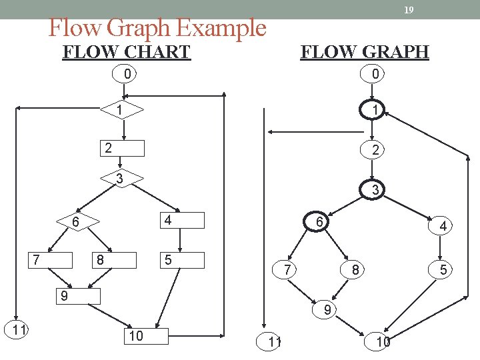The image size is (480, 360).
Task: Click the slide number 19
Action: pyautogui.click(x=409, y=9)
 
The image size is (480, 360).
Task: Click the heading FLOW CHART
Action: pyautogui.click(x=127, y=51)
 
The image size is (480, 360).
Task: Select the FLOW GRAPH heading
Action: pyautogui.click(x=365, y=51)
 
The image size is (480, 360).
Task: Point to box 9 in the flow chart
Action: pyautogui.click(x=77, y=295)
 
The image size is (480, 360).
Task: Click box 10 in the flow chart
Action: pyautogui.click(x=147, y=336)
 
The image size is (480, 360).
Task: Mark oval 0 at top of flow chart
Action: pyautogui.click(x=127, y=73)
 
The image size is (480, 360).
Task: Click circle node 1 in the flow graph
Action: pyautogui.click(x=375, y=110)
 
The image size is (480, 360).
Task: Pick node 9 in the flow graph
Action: pyautogui.click(x=327, y=309)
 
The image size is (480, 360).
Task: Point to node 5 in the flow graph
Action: pyautogui.click(x=442, y=270)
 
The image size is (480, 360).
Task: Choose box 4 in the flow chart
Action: pyautogui.click(x=182, y=220)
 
